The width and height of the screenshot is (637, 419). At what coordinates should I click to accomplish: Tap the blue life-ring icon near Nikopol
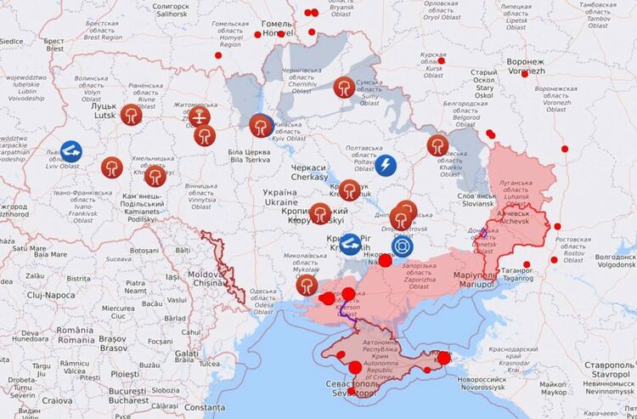tap(403, 246)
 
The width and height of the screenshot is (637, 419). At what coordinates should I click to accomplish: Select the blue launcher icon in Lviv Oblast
tap(71, 152)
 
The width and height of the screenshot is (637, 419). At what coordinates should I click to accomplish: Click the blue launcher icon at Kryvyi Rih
tap(350, 244)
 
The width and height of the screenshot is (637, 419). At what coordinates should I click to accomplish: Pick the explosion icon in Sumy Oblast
tap(344, 87)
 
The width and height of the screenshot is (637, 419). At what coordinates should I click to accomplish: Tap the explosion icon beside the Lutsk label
tap(131, 115)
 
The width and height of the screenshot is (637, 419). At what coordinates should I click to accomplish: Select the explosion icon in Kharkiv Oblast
tap(437, 145)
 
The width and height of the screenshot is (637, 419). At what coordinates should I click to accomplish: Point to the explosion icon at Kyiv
tap(260, 126)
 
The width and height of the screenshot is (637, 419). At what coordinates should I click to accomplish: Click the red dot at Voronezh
tap(525, 74)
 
